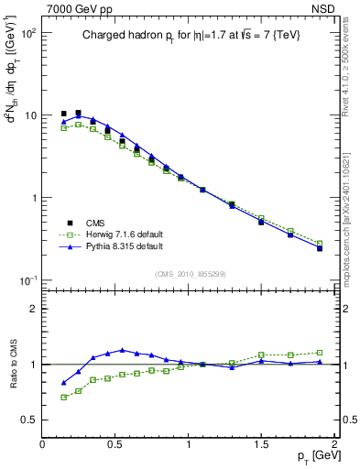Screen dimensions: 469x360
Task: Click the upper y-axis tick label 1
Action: [x=33, y=198]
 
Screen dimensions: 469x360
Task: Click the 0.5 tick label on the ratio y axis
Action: [x=27, y=420]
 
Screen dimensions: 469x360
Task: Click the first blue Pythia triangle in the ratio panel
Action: [x=63, y=383]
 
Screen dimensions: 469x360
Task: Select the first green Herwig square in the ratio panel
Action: [x=63, y=397]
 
